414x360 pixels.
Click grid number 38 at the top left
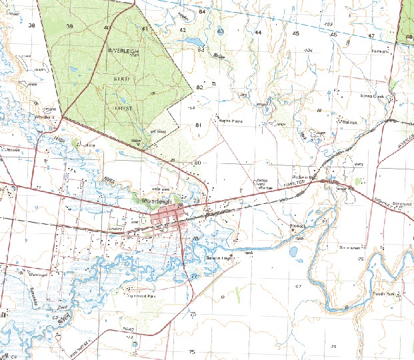tap(31, 25)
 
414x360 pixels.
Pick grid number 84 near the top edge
tap(202, 12)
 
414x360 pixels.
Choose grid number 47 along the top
tap(371, 35)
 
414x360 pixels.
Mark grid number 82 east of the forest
tap(199, 87)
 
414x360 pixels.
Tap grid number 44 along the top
tap(258, 32)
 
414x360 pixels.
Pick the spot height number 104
tap(308, 51)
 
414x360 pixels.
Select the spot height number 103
tap(327, 24)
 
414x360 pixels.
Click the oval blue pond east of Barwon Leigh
tap(294, 252)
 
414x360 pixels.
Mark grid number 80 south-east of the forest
tap(197, 163)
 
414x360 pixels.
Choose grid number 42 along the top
tap(183, 30)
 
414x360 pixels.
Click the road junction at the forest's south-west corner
tap(64, 117)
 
